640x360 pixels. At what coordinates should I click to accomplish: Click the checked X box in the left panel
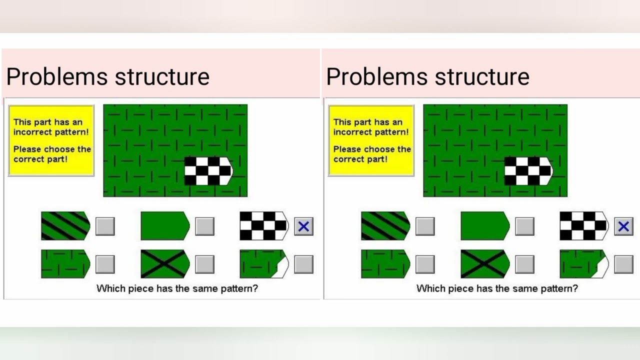coord(303,226)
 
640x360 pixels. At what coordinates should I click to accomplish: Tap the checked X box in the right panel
coord(623,226)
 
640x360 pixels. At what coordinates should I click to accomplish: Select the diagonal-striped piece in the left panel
coord(65,226)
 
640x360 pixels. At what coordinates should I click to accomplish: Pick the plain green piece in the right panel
coord(484,226)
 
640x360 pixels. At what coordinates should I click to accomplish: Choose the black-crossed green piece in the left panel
coord(164,264)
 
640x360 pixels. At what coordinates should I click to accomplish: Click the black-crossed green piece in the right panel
coord(484,264)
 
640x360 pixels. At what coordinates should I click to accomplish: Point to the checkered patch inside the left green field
coord(208,170)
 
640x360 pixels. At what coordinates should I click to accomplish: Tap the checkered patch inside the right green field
coord(528,170)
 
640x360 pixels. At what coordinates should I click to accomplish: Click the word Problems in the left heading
coord(57,77)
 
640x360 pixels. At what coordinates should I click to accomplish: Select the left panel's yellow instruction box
coord(51,140)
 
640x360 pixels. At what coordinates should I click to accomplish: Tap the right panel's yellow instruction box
coord(371,140)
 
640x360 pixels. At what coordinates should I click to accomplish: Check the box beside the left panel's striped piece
coord(105,226)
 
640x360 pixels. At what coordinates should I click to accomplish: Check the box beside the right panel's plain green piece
coord(524,226)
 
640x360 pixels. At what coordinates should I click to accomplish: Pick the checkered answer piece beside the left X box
coord(263,226)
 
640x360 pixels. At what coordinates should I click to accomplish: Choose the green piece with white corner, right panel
coord(583,264)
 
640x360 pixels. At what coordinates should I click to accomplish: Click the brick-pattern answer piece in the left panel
coord(65,264)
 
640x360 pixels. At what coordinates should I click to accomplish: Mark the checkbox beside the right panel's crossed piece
coord(524,264)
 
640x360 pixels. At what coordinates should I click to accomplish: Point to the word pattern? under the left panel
coord(238,288)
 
